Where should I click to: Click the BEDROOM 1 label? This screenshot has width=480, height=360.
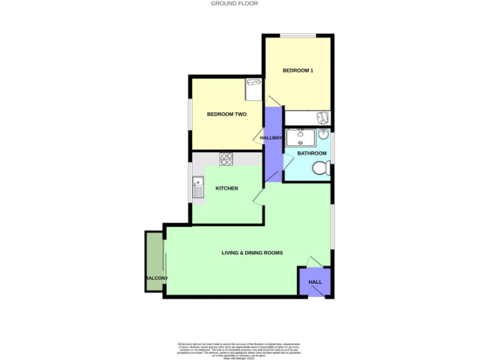tap(297, 71)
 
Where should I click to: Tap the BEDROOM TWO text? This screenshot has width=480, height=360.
tap(226, 114)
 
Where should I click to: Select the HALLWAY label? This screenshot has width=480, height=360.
tap(272, 138)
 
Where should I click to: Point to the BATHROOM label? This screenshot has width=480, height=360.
tap(311, 153)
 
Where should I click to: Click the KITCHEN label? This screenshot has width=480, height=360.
tap(227, 188)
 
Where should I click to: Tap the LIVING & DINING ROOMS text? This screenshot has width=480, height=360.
tap(252, 253)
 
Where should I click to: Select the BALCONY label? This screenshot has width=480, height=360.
tap(156, 278)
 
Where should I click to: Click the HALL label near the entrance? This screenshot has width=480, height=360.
tap(315, 282)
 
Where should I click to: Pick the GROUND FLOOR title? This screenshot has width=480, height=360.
tap(234, 4)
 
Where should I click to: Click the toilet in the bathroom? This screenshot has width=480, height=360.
tap(321, 168)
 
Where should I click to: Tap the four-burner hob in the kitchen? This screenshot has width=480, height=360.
tap(226, 159)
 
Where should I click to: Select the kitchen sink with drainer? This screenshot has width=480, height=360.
tap(198, 187)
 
